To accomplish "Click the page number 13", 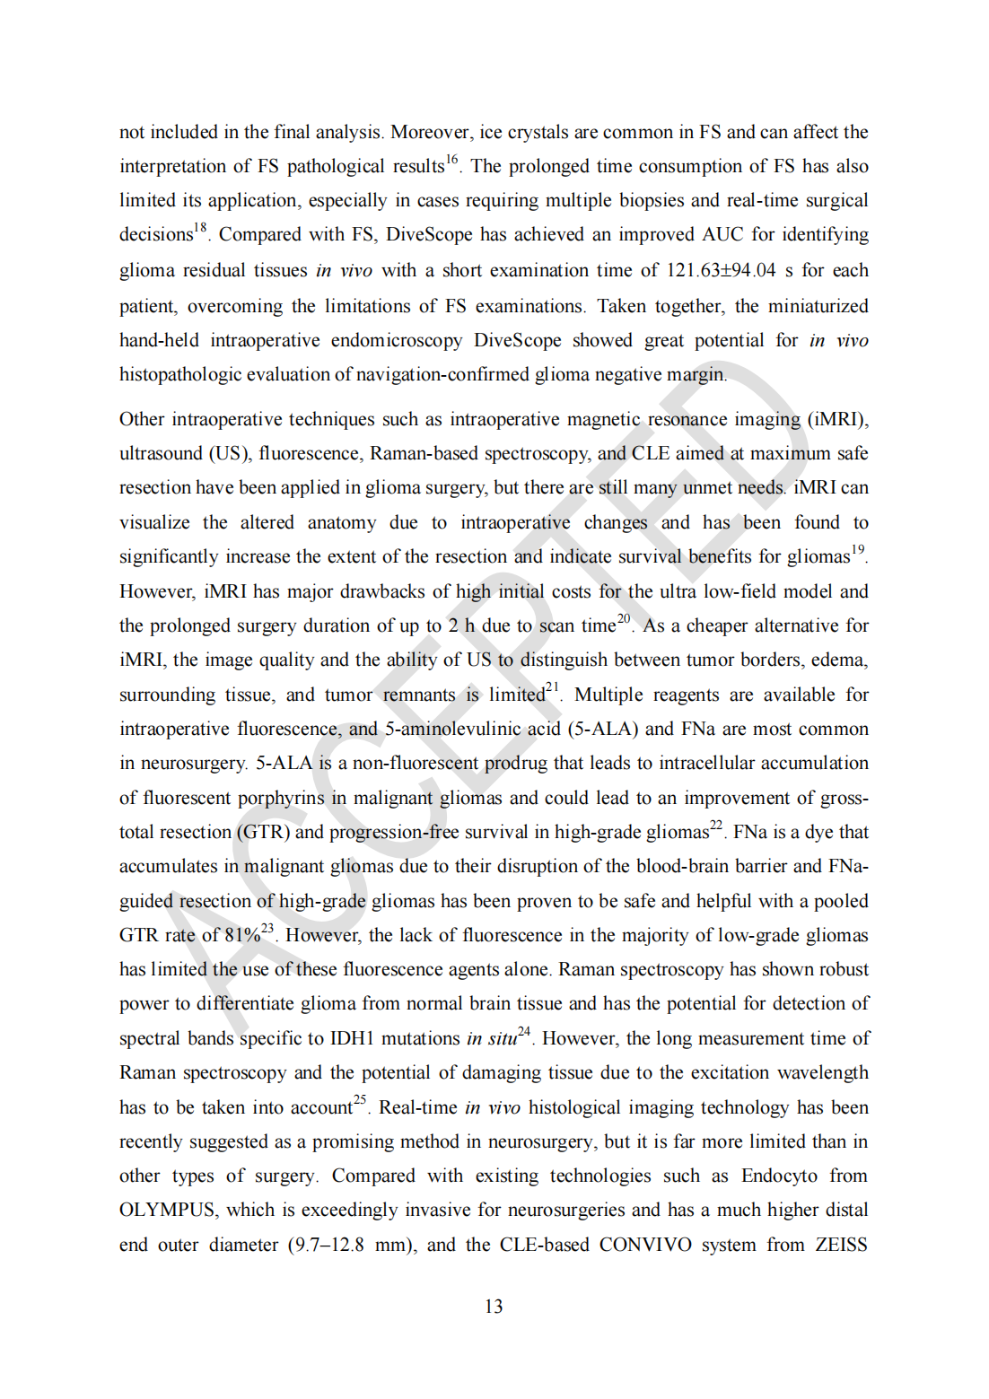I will coord(494,1307).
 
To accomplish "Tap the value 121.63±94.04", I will coord(721,270).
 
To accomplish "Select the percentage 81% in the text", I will coord(241,936).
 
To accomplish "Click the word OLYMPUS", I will coord(168,1211).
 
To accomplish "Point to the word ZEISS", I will coord(841,1245).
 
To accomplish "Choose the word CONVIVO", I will coord(645,1245).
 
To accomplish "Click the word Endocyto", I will coord(779,1176).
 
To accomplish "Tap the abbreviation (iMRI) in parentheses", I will coord(838,420).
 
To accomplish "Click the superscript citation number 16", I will coord(452,160).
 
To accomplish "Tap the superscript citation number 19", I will coord(858,550).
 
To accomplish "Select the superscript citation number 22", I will coord(716,826).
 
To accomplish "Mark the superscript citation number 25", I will coord(360,1100).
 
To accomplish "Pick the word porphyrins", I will coord(282,798).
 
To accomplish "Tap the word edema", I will coord(839,660).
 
